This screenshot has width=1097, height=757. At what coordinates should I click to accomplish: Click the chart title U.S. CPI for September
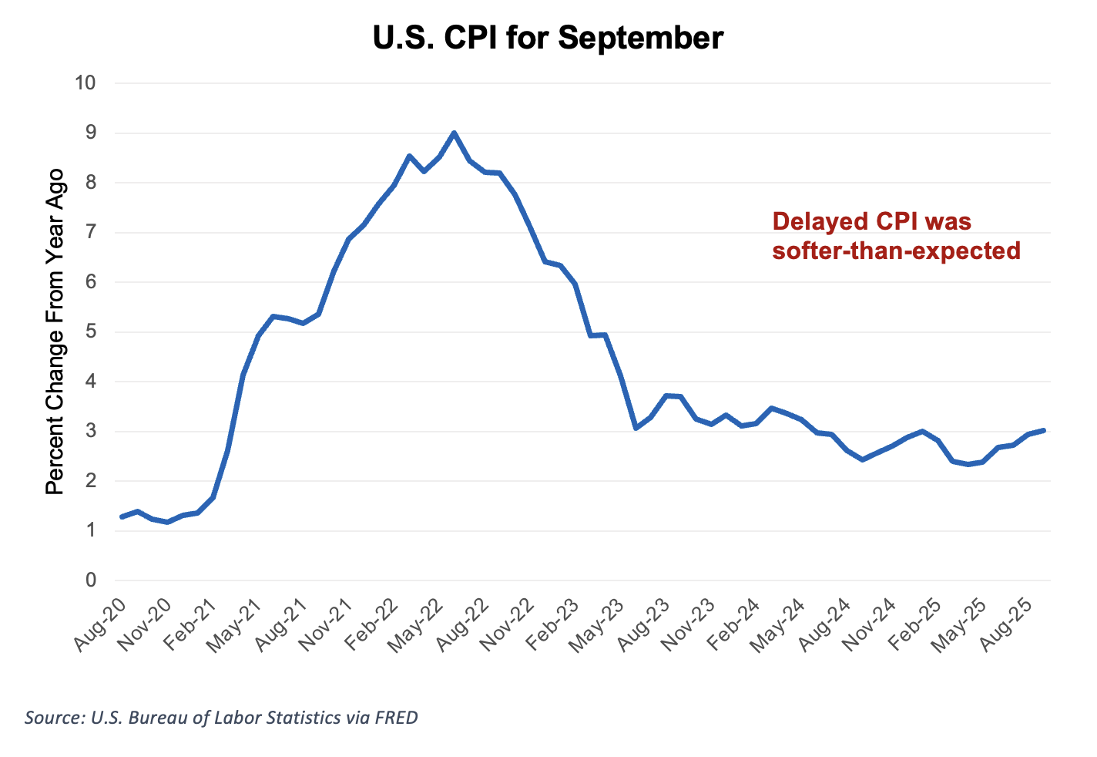pyautogui.click(x=548, y=37)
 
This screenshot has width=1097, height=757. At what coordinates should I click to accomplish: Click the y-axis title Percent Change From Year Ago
pyautogui.click(x=55, y=331)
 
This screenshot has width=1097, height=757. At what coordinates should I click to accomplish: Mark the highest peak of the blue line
pyautogui.click(x=454, y=133)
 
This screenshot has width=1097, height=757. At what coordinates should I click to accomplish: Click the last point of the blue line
pyautogui.click(x=1044, y=430)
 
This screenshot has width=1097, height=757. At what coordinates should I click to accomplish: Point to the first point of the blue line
pyautogui.click(x=122, y=516)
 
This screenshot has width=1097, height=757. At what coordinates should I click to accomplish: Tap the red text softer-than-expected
pyautogui.click(x=896, y=251)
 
